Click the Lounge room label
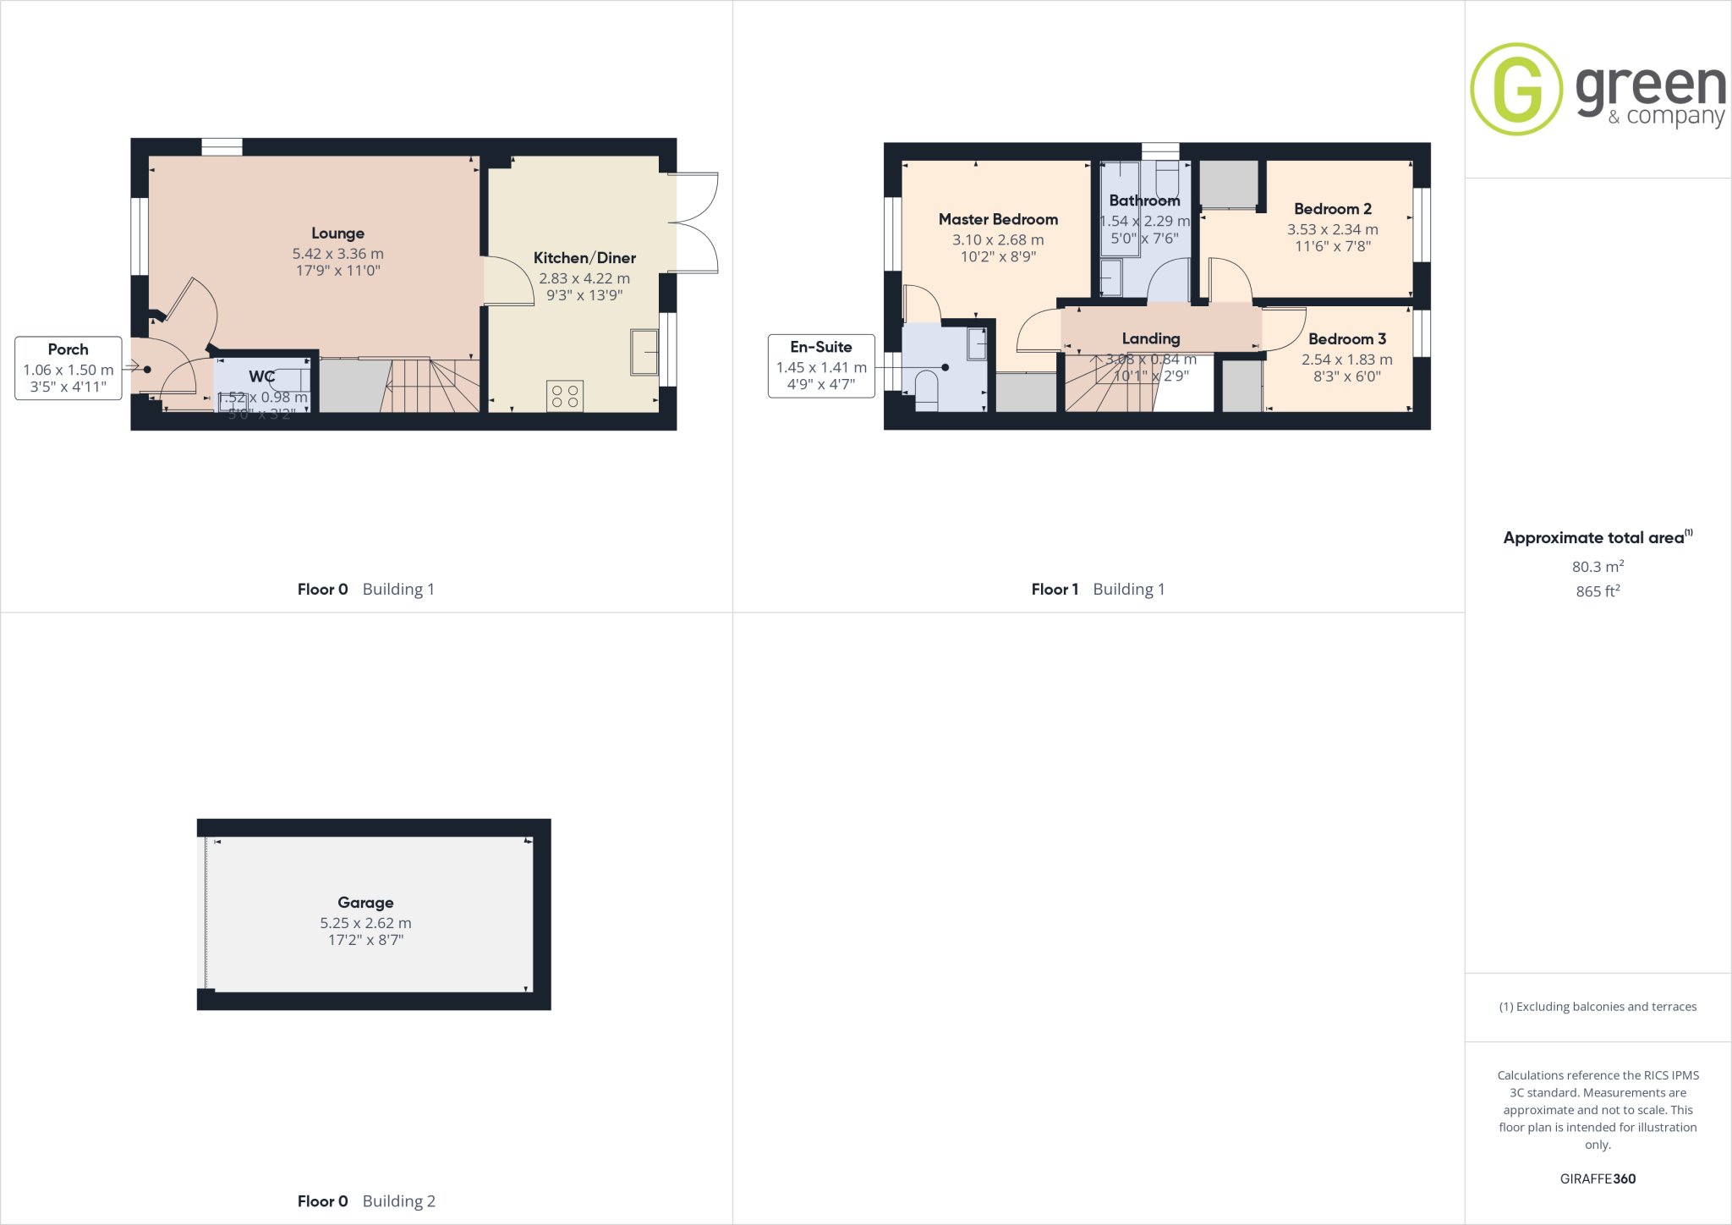337,233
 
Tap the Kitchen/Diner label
584,258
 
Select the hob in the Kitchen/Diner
565,396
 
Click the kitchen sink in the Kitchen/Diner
644,352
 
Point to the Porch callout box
69,368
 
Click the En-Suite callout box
820,365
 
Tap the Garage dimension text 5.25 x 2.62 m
365,923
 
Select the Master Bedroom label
998,220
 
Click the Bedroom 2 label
1332,209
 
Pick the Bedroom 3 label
1346,339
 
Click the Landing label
1150,338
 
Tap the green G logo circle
1516,89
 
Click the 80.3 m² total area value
1597,567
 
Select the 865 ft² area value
1597,591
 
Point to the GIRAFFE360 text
1598,1178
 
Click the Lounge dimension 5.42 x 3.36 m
337,254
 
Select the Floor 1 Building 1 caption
1098,590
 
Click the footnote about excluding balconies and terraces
1598,1007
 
